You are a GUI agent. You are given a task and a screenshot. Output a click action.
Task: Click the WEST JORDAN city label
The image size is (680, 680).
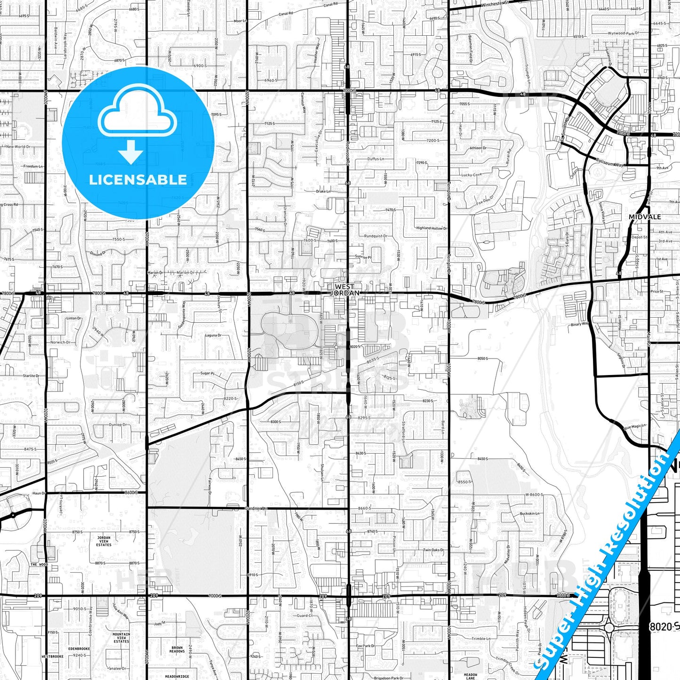345,289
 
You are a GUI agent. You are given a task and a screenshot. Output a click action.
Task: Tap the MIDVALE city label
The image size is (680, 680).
645,217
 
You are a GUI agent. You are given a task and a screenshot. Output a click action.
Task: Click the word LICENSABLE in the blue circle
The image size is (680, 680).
138,180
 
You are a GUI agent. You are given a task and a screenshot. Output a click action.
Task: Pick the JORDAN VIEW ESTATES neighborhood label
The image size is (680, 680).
104,541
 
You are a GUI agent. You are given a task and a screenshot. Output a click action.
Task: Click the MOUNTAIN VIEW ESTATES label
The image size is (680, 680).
121,638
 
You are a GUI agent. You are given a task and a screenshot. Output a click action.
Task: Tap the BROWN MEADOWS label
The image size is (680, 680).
177,649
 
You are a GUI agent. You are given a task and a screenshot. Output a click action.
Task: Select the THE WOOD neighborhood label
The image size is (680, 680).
39,564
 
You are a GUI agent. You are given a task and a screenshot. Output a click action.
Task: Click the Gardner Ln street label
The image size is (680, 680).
256,509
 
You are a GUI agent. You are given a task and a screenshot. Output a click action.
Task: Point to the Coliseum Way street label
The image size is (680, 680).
609,162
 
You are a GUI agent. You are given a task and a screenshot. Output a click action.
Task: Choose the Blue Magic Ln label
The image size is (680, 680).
635,426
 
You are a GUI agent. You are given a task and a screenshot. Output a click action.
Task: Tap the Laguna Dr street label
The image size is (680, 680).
213,336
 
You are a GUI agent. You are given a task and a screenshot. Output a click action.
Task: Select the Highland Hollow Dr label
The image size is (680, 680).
431,228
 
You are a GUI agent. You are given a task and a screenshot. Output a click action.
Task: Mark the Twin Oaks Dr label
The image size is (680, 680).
433,550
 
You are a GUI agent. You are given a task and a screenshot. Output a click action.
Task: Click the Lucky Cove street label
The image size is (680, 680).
471,175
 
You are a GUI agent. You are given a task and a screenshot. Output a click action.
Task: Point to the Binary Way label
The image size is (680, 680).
579,324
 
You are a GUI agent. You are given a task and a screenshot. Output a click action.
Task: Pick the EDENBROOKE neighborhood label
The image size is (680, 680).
79,649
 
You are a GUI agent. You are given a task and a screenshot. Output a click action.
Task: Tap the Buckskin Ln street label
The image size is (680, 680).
529,513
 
